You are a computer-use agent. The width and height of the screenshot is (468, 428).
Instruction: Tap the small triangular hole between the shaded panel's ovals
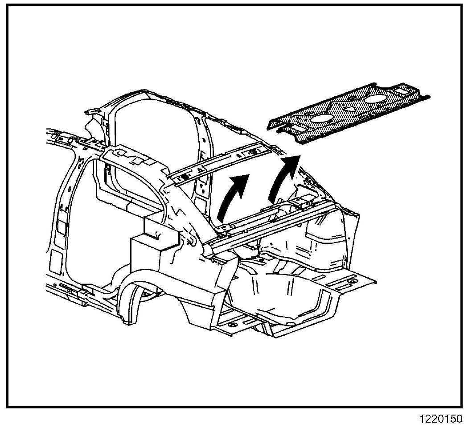[349, 107]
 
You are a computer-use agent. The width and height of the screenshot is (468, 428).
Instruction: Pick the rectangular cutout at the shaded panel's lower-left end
[295, 128]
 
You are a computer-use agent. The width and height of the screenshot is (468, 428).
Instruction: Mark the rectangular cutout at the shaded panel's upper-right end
[402, 91]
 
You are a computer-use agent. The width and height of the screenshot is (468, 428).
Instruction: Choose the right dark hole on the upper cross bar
[254, 152]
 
